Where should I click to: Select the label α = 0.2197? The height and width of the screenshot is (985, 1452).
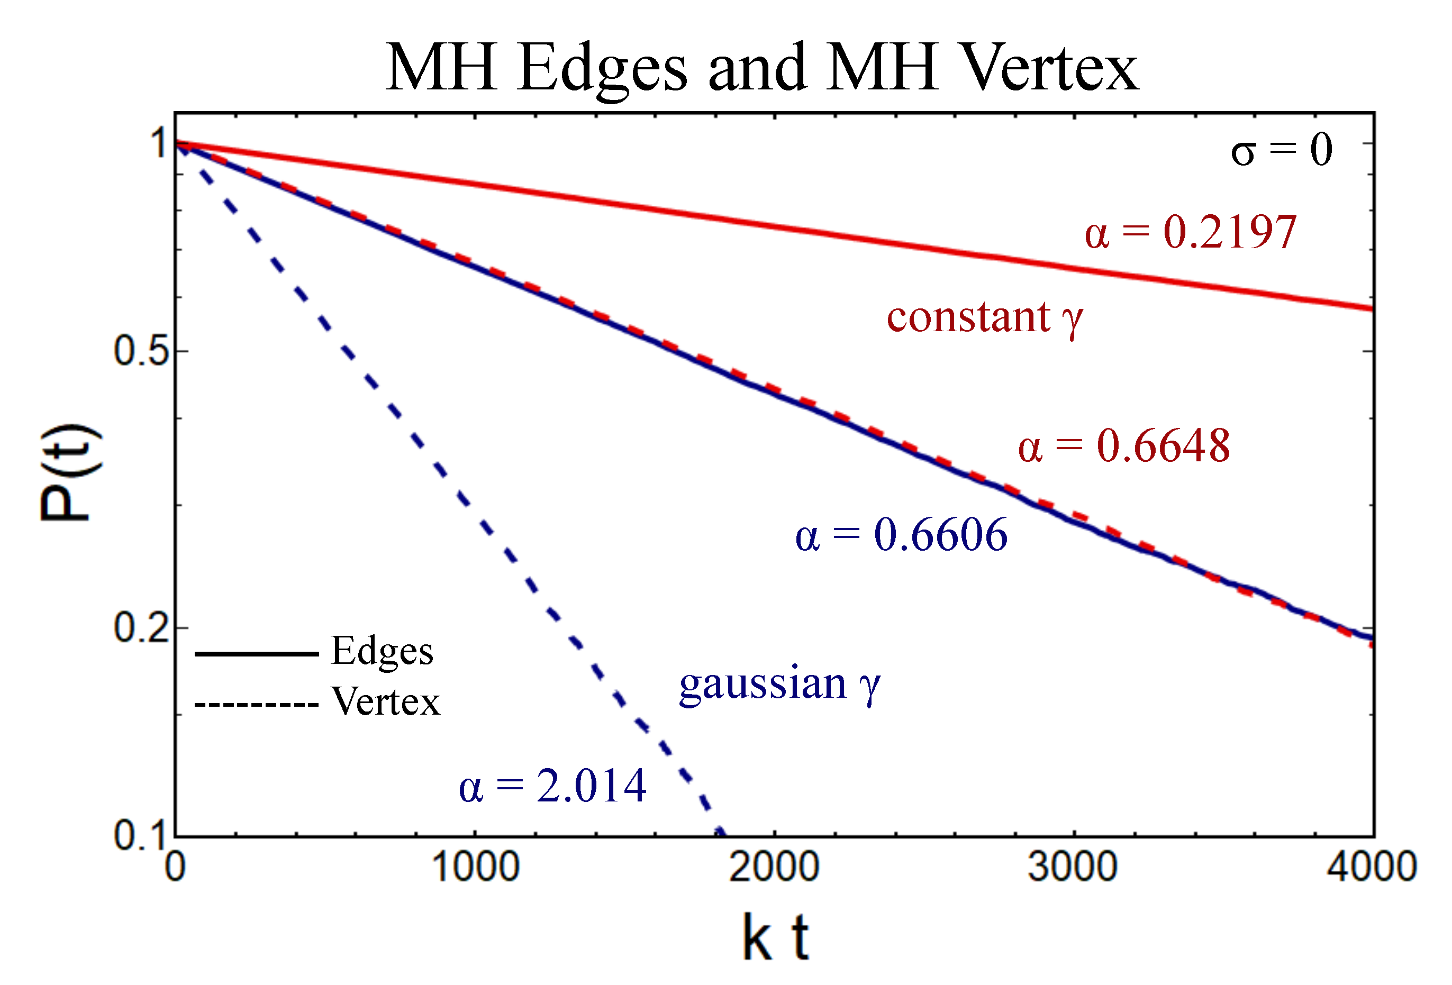pos(1190,232)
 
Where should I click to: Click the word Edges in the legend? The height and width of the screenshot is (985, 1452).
pos(382,651)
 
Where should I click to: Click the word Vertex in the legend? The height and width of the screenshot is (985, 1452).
pos(386,701)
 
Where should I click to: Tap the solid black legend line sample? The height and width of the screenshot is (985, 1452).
pos(256,654)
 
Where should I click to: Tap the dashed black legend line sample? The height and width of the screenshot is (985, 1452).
pos(256,705)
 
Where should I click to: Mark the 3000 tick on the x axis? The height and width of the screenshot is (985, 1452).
pos(1073,867)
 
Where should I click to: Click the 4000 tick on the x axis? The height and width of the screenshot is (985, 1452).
pos(1371,867)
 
